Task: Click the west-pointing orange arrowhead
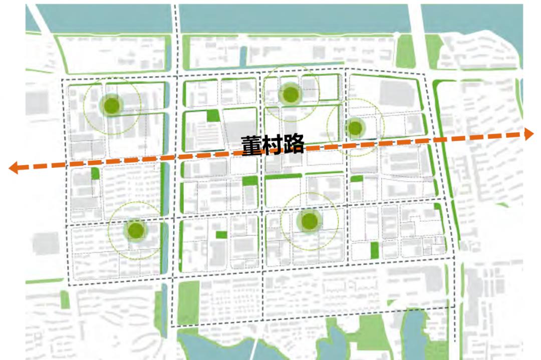click(14, 168)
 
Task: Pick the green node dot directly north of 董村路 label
click(290, 94)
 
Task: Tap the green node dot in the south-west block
click(135, 230)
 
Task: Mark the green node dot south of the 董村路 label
click(309, 220)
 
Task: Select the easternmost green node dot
click(355, 128)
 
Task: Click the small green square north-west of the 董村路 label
click(213, 116)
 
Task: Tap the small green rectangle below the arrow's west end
click(95, 174)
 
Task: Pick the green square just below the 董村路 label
click(249, 181)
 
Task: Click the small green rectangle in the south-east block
click(374, 250)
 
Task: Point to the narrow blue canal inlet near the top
click(243, 56)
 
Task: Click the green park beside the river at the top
click(405, 51)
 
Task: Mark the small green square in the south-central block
click(221, 234)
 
